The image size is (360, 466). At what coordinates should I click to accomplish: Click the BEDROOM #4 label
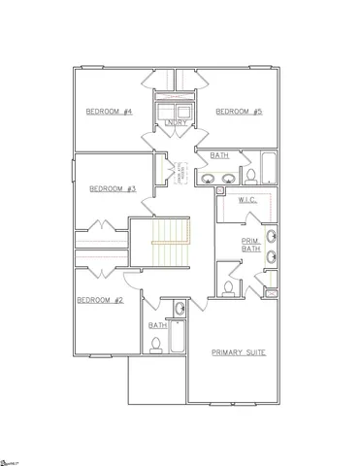109,112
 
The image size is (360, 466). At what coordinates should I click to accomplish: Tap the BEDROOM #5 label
239,112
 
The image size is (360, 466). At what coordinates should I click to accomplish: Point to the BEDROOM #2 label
100,300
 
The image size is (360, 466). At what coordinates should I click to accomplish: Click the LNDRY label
176,123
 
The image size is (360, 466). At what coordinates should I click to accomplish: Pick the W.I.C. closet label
246,201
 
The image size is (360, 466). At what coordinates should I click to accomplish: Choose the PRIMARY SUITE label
240,351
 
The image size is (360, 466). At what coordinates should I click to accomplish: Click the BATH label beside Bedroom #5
219,154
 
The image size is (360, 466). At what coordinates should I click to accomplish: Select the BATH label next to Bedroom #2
156,325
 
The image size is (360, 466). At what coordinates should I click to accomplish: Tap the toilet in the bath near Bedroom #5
250,176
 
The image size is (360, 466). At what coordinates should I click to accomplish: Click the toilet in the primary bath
228,288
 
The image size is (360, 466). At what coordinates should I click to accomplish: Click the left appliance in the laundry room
167,107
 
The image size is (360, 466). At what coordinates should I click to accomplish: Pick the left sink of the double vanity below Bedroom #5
209,179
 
